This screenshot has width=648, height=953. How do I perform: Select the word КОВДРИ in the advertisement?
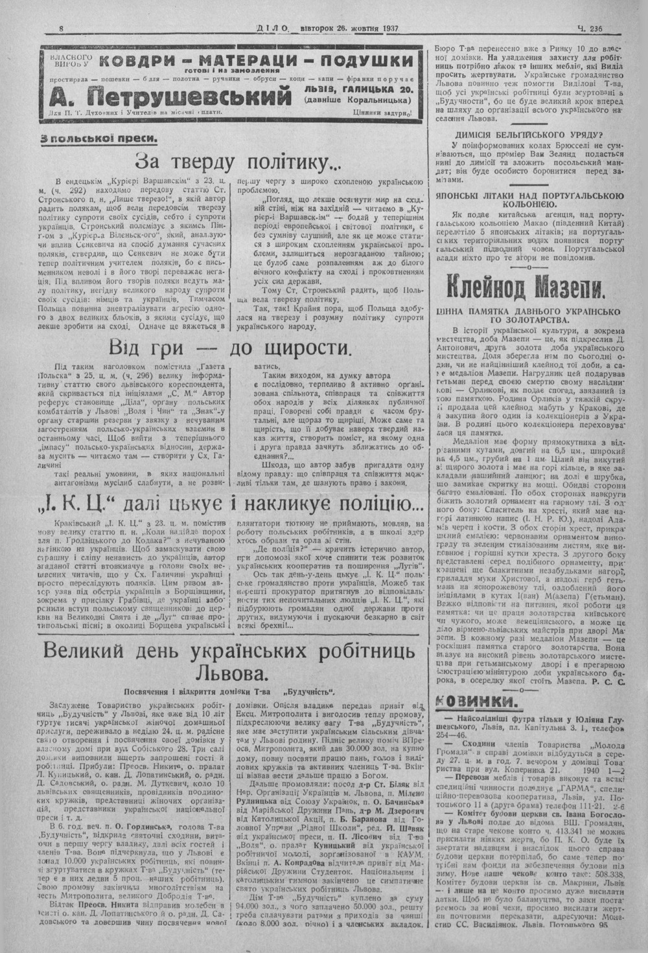(x=139, y=62)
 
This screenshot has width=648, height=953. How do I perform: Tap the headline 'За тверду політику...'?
(x=237, y=161)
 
